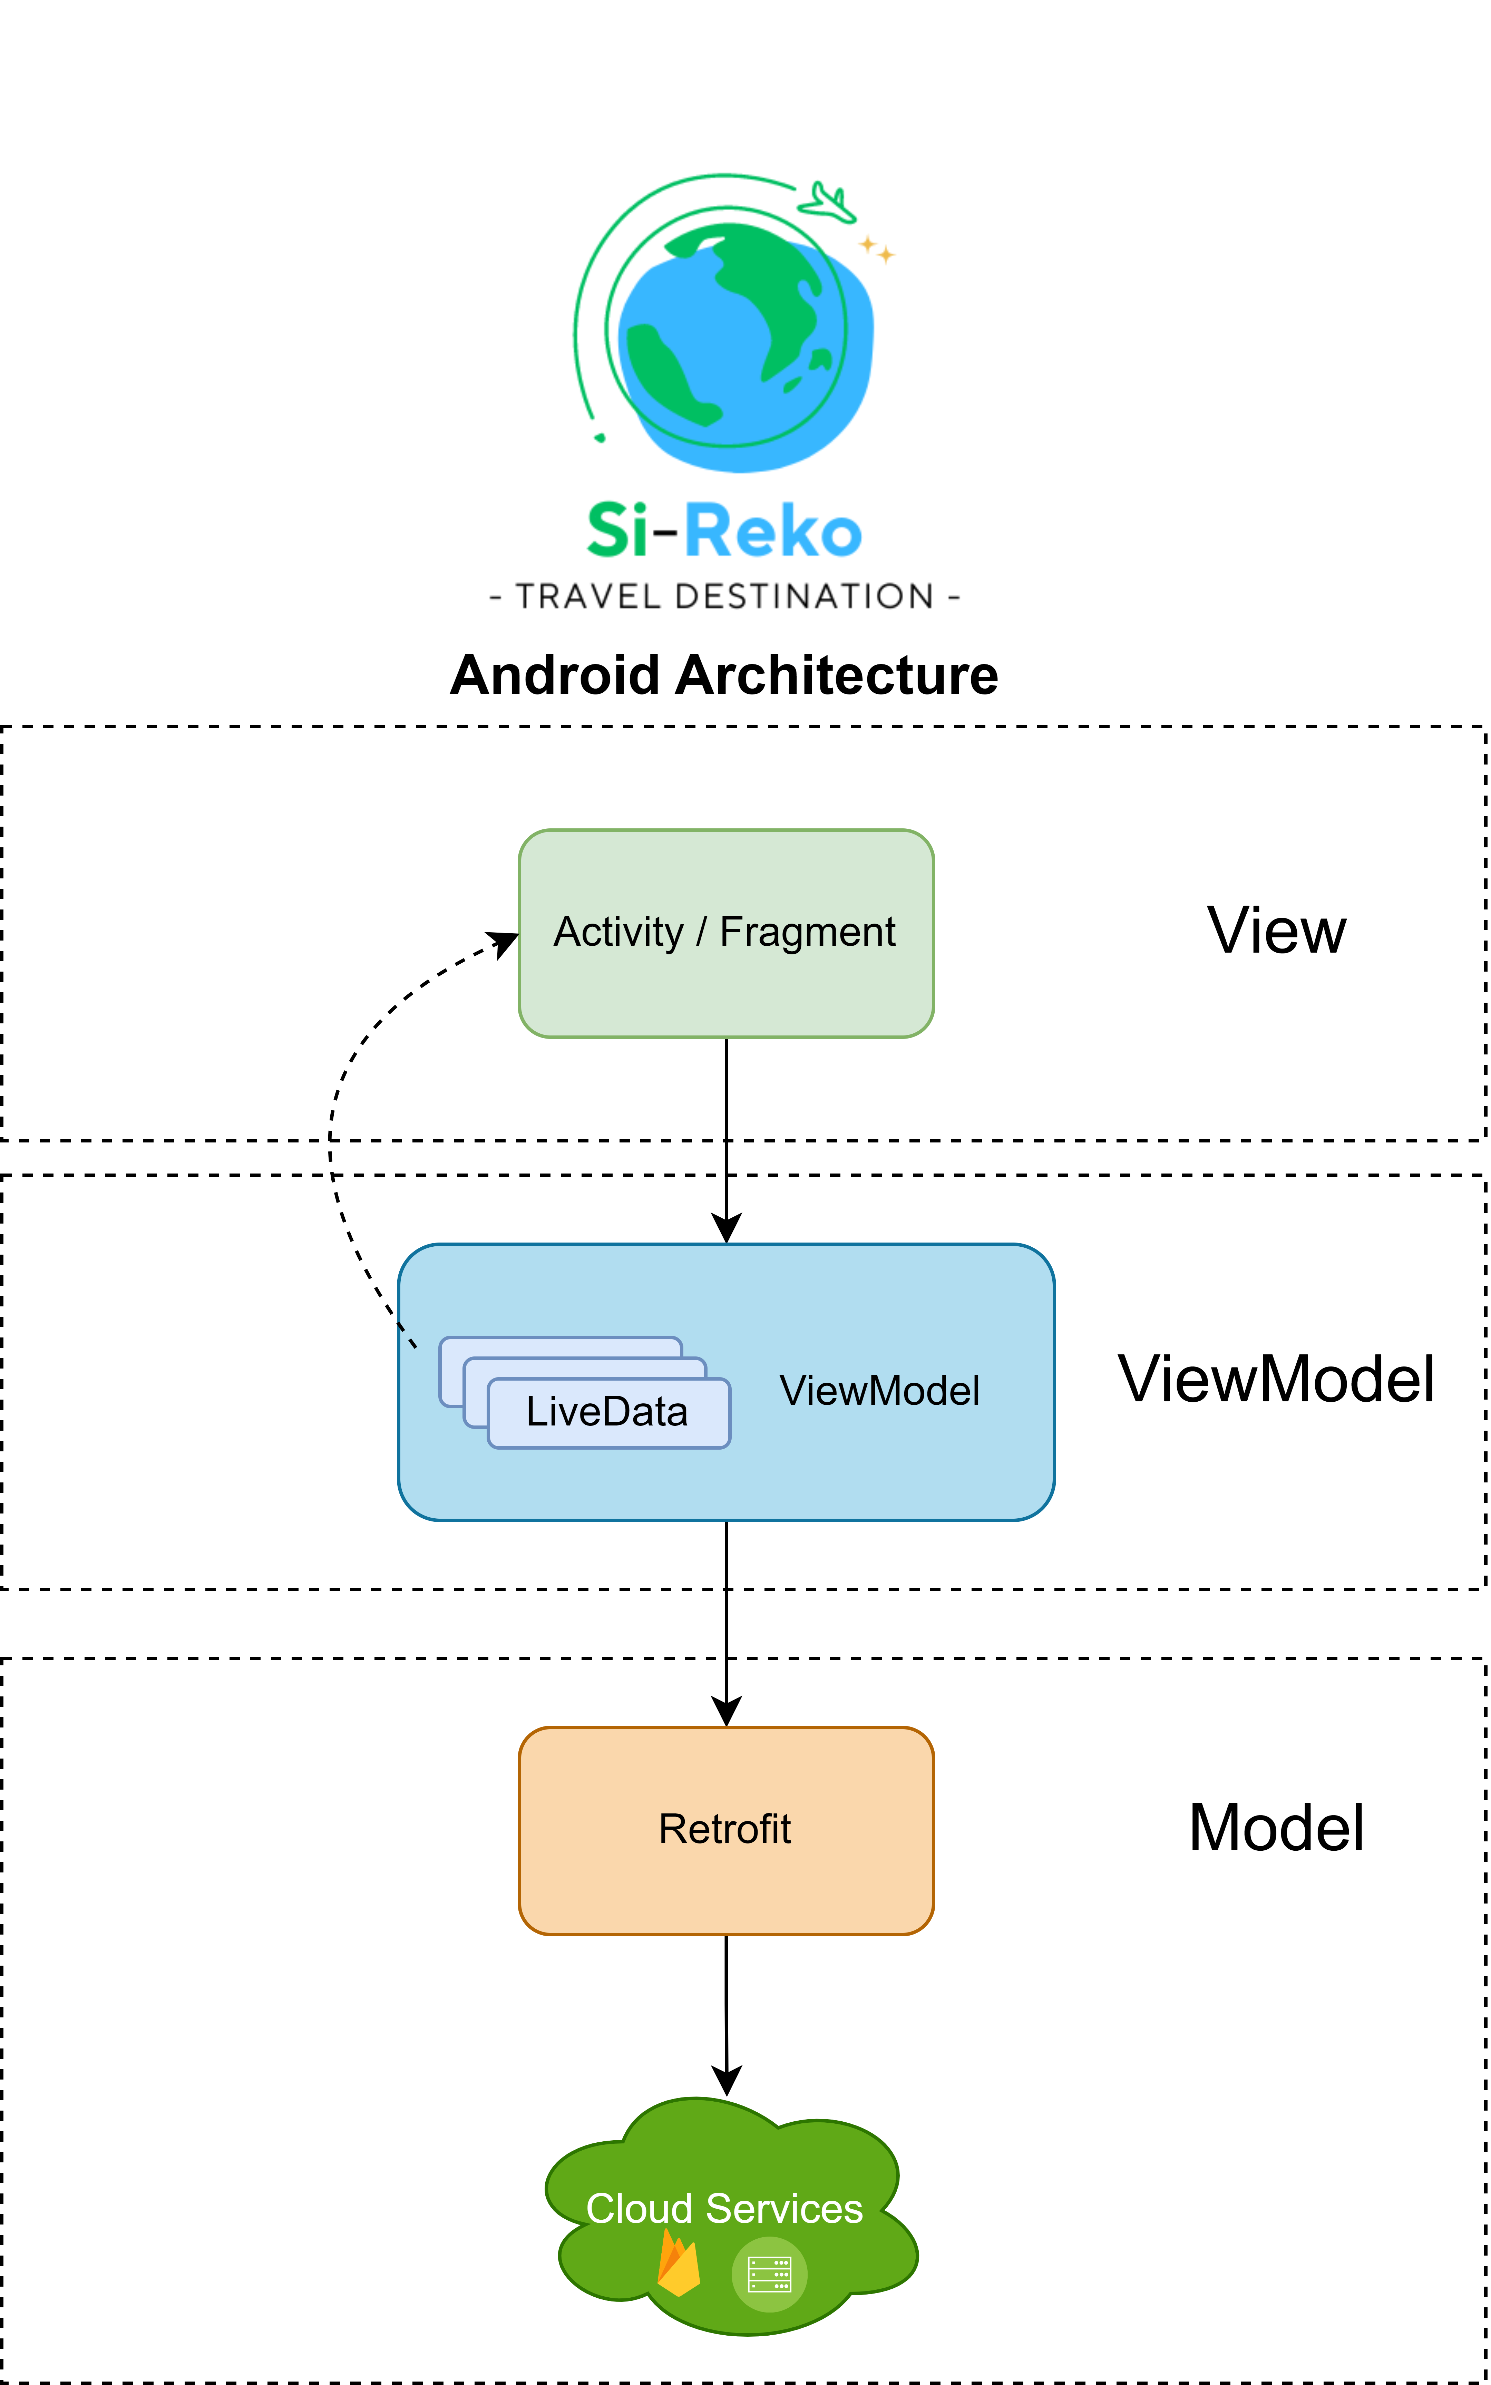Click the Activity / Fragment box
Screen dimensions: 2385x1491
coord(726,933)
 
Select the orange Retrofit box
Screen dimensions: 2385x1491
coord(726,1830)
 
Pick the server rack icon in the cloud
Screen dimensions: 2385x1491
coord(769,2274)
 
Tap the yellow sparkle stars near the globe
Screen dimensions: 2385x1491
coord(877,250)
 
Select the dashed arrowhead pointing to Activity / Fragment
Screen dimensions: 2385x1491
coord(505,943)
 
